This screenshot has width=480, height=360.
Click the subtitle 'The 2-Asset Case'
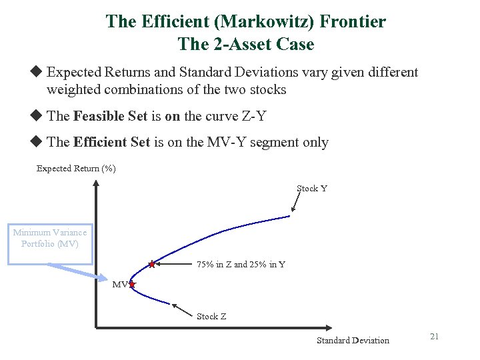coord(245,45)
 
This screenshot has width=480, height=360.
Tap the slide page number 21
coord(434,337)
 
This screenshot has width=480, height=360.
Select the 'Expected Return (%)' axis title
coord(76,169)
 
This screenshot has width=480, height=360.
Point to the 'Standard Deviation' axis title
coord(353,341)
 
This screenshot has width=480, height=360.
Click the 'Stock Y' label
coord(312,189)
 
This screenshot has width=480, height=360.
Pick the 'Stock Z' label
coord(211,317)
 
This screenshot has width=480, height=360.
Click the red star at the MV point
coord(132,285)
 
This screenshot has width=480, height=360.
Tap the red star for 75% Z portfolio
coord(152,265)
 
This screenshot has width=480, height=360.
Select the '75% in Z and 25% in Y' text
coord(241,265)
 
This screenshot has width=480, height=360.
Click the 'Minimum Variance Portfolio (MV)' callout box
coord(50,239)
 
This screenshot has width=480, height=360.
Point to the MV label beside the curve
coord(119,285)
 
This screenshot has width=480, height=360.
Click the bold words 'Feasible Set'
coord(110,116)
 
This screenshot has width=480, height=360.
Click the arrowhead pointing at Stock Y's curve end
coord(291,213)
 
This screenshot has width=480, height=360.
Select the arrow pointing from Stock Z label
coord(183,309)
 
